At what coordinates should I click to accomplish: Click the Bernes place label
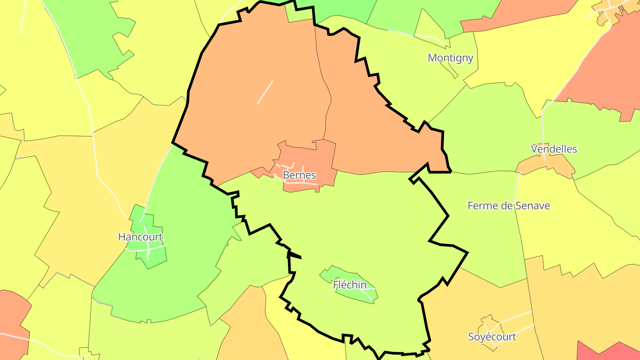(299, 175)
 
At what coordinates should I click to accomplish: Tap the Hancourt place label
(140, 237)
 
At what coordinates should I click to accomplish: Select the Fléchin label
(350, 285)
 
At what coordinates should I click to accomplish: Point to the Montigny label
(450, 58)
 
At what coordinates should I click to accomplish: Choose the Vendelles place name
(554, 149)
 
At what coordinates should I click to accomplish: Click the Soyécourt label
(492, 337)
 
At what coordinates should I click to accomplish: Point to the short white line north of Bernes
(265, 92)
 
